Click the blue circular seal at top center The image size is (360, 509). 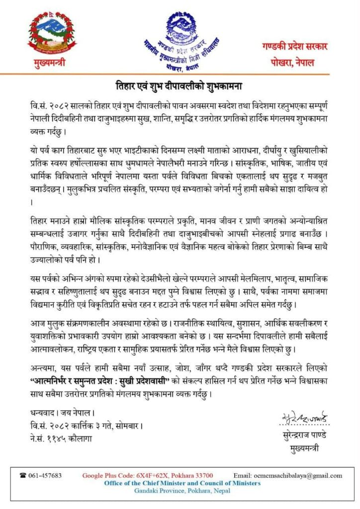[x=180, y=38]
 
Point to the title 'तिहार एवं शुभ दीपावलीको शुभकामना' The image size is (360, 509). [x=179, y=84]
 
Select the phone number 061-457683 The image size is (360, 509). [x=44, y=476]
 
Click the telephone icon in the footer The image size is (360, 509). [x=23, y=476]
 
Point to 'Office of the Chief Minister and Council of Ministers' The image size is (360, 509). [x=182, y=483]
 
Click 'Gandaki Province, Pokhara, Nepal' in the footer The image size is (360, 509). [x=182, y=491]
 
